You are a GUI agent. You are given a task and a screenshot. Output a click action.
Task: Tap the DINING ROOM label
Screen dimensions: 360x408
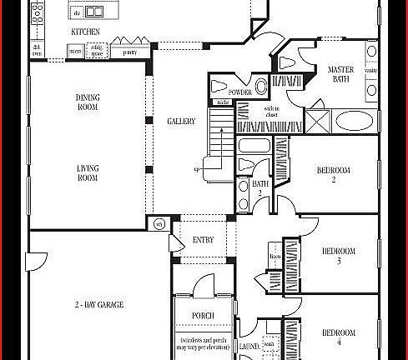[88, 102]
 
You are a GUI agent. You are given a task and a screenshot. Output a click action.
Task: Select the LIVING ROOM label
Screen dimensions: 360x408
[88, 172]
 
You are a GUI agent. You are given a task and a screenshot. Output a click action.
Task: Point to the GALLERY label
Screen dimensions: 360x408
[181, 122]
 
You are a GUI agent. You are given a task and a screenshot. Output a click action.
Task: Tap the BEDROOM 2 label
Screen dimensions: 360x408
[333, 174]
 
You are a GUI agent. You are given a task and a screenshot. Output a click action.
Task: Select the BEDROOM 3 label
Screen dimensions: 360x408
[339, 256]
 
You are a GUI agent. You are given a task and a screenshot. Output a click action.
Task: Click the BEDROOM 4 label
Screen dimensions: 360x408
[339, 337]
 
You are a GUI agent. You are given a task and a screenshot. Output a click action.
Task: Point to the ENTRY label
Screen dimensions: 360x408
[203, 240]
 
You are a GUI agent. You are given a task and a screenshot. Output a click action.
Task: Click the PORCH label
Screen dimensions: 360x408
[203, 315]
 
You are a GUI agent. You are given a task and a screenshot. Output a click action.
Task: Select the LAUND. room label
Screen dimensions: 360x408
[249, 344]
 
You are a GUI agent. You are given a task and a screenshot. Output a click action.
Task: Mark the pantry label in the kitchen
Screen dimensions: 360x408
[128, 52]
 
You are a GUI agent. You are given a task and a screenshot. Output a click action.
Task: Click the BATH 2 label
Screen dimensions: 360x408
[260, 187]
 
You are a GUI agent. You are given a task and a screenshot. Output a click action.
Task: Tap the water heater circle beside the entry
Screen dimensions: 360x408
[159, 223]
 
